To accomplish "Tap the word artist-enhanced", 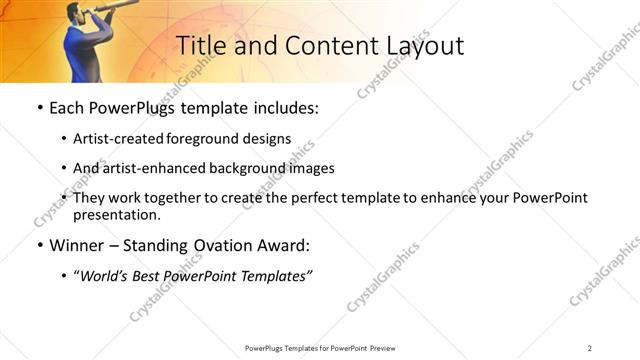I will [150, 168].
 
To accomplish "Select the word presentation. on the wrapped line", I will [116, 214].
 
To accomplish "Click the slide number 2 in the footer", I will [589, 347].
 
